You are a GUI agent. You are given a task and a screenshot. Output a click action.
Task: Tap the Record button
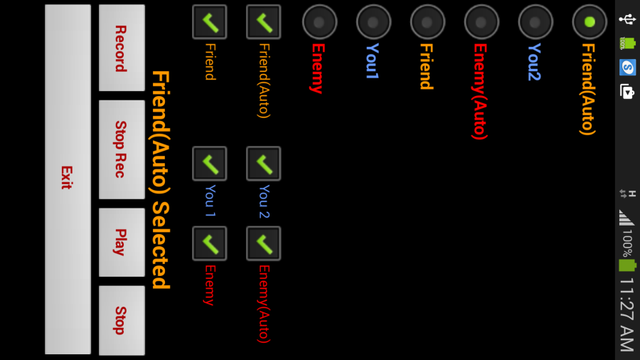(x=122, y=48)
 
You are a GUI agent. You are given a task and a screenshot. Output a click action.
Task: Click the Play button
(x=122, y=242)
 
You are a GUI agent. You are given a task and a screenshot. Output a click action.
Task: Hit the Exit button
(x=68, y=178)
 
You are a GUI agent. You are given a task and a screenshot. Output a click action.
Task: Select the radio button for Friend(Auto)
(x=589, y=22)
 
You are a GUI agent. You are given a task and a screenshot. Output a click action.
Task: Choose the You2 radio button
(x=535, y=22)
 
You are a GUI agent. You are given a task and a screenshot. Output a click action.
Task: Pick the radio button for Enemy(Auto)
(x=481, y=22)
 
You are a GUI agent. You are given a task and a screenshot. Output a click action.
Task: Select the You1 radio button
(x=373, y=22)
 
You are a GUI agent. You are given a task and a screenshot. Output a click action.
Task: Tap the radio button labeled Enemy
(x=319, y=22)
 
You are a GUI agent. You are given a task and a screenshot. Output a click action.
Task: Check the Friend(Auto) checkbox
(x=263, y=22)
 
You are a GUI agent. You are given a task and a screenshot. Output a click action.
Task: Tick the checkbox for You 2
(x=263, y=164)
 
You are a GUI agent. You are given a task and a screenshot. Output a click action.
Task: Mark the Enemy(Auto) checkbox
(x=263, y=243)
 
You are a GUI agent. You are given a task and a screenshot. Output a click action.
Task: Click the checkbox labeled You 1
(x=209, y=164)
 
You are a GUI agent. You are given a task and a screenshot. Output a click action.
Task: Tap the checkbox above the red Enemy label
(x=209, y=243)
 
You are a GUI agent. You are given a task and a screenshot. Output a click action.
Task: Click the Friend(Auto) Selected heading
(x=160, y=179)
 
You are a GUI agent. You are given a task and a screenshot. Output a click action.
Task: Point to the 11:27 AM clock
(x=626, y=314)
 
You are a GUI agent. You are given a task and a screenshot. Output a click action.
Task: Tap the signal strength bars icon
(x=626, y=217)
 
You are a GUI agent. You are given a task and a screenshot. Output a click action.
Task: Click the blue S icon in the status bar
(x=627, y=67)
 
